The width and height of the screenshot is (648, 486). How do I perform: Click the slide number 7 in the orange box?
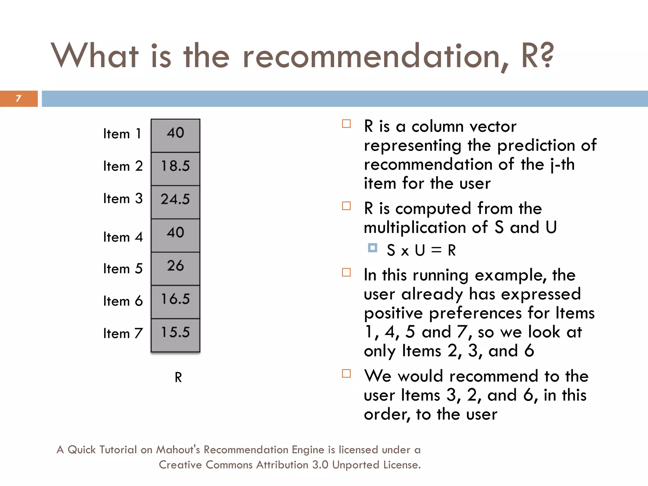(18, 98)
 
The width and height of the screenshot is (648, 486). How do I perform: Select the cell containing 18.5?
(175, 166)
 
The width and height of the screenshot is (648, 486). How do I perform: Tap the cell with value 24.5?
(175, 199)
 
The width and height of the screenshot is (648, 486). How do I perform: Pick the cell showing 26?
(175, 266)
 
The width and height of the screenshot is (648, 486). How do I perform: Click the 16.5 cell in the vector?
(175, 299)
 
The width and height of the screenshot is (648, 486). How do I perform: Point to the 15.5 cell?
(175, 332)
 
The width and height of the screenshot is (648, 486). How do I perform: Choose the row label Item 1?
(122, 134)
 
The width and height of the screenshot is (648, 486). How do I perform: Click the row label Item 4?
(123, 237)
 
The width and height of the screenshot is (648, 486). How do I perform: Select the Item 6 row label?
(123, 301)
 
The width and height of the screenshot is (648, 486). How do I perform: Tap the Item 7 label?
(123, 333)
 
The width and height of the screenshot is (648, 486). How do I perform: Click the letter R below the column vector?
(178, 377)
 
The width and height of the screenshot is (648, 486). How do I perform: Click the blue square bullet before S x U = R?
(373, 247)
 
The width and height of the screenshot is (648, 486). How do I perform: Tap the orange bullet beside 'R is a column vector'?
(346, 124)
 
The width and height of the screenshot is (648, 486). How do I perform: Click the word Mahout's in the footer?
(178, 450)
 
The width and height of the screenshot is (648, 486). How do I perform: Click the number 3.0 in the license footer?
(320, 465)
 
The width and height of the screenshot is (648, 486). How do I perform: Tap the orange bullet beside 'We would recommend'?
(346, 374)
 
